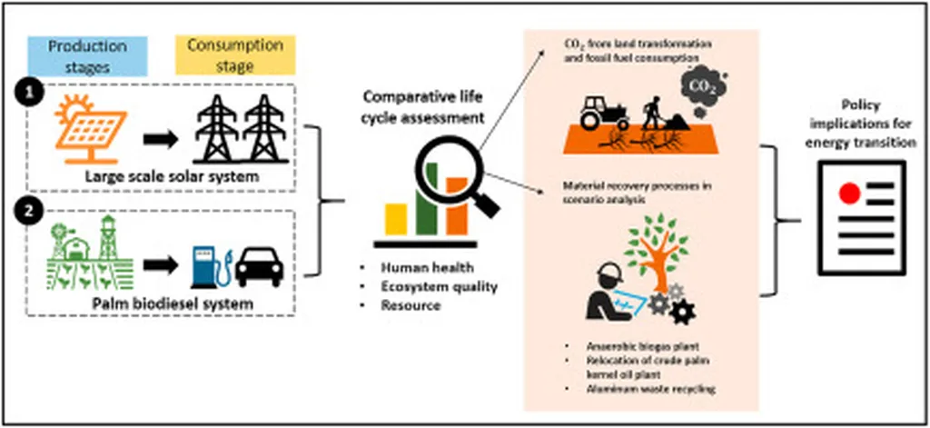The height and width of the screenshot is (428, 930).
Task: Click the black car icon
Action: (260, 265)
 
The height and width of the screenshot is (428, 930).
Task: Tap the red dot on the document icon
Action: (851, 193)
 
